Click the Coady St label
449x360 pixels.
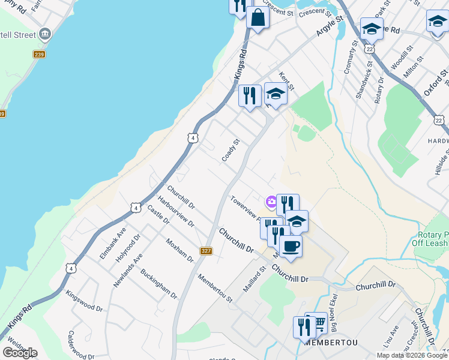pyautogui.click(x=231, y=150)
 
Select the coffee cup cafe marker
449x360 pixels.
pyautogui.click(x=291, y=246)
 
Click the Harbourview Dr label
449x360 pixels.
pyautogui.click(x=176, y=211)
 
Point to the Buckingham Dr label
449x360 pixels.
pyautogui.click(x=158, y=284)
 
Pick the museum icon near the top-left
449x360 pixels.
pyautogui.click(x=45, y=34)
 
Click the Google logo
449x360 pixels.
pyautogui.click(x=20, y=352)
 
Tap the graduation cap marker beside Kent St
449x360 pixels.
pyautogui.click(x=276, y=94)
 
